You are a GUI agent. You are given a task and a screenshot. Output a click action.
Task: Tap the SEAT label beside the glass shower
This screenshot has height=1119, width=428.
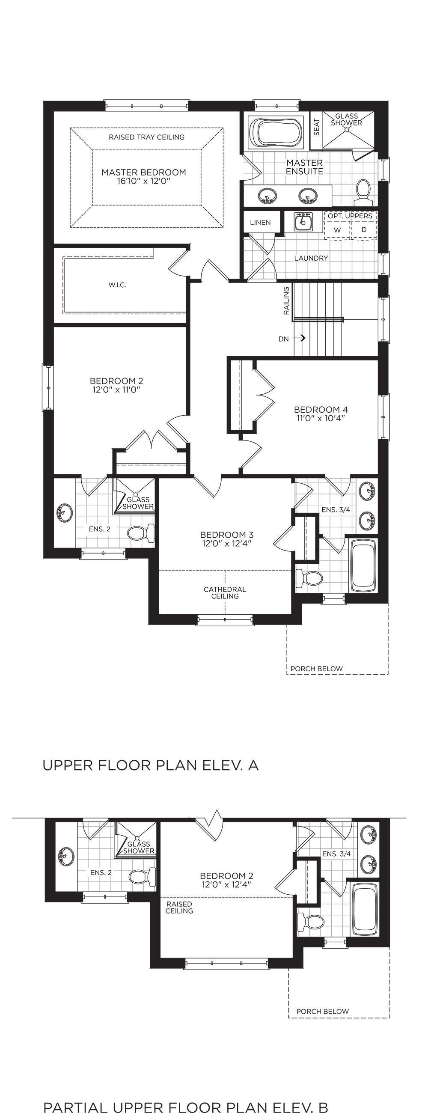pos(316,127)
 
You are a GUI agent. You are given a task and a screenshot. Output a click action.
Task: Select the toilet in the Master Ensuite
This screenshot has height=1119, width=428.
pos(363,193)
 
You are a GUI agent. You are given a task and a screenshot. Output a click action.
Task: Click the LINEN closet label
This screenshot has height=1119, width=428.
pos(260,223)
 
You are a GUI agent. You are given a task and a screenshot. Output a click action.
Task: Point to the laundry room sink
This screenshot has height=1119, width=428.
pos(303,222)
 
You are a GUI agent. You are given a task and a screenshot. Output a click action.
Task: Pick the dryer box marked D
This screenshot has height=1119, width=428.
pos(364,230)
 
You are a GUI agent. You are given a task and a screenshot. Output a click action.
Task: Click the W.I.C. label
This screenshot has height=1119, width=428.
pos(117,285)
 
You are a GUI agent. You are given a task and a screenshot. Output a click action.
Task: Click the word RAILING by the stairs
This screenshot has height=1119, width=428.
pos(286,301)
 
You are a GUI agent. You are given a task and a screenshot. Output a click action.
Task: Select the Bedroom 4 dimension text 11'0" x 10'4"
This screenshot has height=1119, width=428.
pos(321,418)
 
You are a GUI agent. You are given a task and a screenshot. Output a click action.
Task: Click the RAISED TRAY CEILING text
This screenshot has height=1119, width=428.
pos(146,137)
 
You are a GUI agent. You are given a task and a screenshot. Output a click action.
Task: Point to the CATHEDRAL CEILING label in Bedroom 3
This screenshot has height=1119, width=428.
pos(225,592)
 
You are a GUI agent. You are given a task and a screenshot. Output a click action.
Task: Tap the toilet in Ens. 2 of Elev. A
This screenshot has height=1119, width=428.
pos(141,533)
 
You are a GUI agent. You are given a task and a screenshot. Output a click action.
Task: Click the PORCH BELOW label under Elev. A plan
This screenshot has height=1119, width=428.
pos(316,669)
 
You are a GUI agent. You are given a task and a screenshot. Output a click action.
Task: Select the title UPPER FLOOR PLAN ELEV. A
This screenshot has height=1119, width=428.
pos(150,765)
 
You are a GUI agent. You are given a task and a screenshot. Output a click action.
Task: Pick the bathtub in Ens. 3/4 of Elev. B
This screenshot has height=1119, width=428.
pos(365,908)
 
